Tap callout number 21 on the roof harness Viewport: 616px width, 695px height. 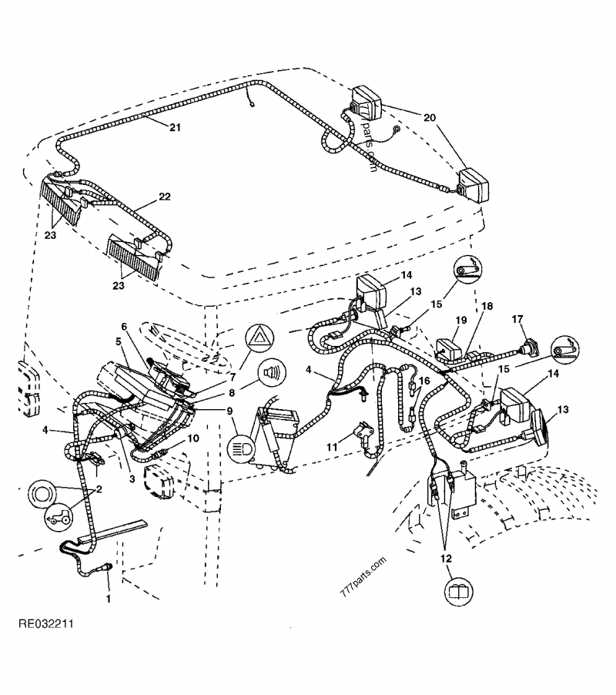coord(176,127)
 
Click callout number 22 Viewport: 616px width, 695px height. coord(165,197)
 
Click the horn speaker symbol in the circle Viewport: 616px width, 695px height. coord(269,373)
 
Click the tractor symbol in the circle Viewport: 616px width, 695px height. coord(55,519)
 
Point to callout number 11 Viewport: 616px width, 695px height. coord(331,446)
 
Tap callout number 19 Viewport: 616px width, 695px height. coord(460,319)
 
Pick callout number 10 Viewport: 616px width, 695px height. coord(193,438)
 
